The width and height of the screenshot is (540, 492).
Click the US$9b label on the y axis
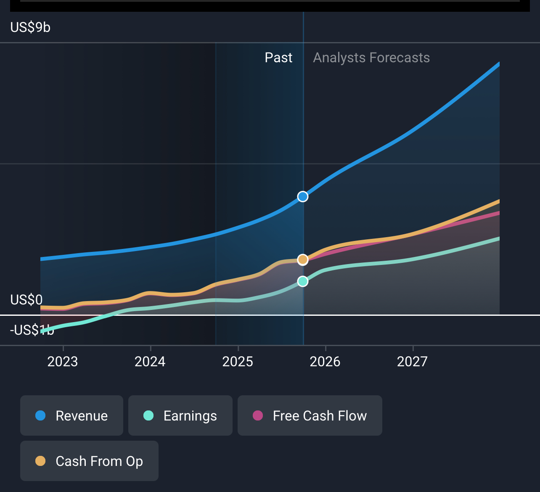[x=30, y=27]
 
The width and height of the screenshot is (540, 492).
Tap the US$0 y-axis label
[x=26, y=300]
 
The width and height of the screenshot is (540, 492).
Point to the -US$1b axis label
[x=32, y=330]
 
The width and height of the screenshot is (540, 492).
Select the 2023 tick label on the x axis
[x=63, y=362]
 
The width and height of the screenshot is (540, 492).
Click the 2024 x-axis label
[x=150, y=362]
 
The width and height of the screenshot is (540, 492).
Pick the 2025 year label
[x=238, y=362]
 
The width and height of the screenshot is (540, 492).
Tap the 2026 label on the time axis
[x=325, y=362]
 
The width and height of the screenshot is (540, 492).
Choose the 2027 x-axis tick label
[x=412, y=362]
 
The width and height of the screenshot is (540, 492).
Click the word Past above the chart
[x=278, y=58]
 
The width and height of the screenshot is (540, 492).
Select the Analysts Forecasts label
[x=371, y=58]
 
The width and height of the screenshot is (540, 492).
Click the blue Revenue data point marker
[x=303, y=196]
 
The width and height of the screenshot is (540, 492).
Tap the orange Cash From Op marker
[x=303, y=259]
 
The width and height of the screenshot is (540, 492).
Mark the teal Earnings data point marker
[x=303, y=281]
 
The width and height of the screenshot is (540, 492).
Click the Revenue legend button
[x=71, y=415]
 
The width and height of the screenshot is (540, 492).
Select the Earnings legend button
[x=180, y=415]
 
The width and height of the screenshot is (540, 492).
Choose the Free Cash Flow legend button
[x=310, y=415]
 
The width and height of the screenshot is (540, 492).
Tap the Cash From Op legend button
[x=89, y=461]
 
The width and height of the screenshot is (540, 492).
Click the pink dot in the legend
[x=258, y=415]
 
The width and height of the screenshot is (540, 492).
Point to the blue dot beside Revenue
[x=40, y=415]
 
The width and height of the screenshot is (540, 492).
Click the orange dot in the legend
[x=40, y=461]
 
